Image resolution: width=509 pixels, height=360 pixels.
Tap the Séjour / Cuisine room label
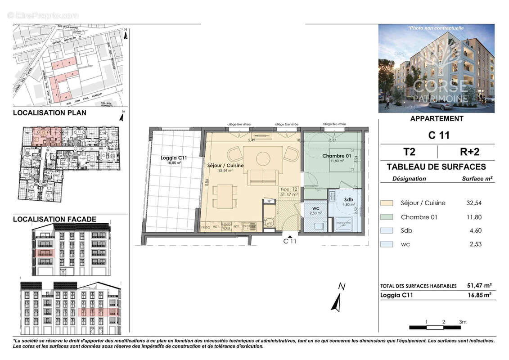[225, 166]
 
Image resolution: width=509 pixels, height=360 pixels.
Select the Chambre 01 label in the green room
[336, 156]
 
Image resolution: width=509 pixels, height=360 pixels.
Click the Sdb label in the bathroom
[348, 199]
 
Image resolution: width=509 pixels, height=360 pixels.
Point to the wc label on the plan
[316, 208]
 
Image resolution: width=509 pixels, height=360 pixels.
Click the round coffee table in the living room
[263, 157]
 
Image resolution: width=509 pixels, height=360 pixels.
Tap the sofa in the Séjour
[263, 177]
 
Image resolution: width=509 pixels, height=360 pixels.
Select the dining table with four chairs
[223, 197]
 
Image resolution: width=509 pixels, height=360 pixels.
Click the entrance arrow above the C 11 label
[290, 235]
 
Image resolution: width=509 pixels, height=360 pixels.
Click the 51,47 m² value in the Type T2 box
[289, 195]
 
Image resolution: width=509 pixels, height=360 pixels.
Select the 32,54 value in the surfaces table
[473, 203]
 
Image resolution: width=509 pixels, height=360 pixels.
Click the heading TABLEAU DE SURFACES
[436, 167]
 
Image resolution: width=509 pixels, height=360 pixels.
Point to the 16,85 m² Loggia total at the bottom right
[479, 295]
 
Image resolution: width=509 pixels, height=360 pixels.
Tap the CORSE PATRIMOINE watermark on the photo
[440, 90]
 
